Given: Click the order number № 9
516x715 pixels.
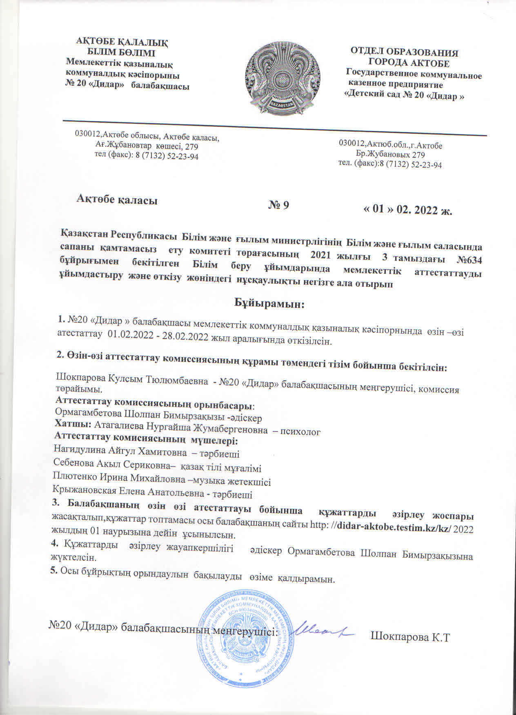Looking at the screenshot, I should coord(278,205).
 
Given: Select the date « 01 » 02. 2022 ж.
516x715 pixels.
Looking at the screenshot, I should coord(408,210).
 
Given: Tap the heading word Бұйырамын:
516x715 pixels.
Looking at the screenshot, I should coord(269,303).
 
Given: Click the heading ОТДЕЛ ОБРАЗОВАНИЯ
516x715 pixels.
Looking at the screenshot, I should coord(404,53).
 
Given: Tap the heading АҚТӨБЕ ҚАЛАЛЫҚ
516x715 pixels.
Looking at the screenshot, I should coord(123,42).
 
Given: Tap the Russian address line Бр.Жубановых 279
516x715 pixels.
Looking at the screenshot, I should coord(390,155).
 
